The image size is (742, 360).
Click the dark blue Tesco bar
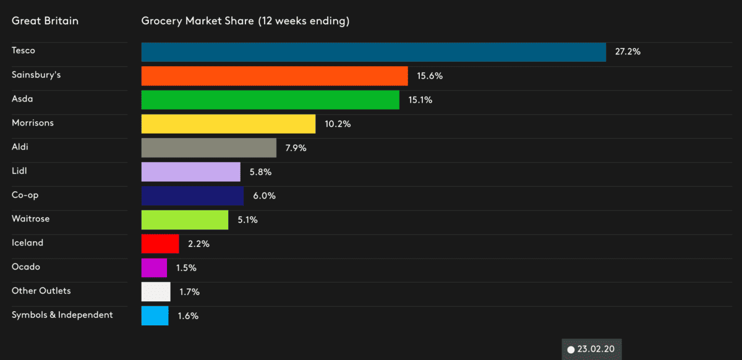(373, 52)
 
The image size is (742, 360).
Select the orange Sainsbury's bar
(275, 76)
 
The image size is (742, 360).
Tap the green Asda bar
(270, 100)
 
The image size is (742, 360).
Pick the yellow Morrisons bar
(228, 124)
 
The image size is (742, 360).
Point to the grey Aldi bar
(208, 148)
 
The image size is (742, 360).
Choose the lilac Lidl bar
(190, 172)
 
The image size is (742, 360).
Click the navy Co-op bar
(192, 196)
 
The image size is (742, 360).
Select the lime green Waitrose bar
(185, 220)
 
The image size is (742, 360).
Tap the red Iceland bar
(160, 244)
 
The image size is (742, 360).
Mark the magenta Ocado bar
(154, 268)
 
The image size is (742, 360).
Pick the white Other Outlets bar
(156, 291)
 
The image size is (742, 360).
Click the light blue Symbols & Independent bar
(155, 315)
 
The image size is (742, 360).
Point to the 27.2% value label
(628, 52)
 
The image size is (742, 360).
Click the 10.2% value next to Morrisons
(338, 124)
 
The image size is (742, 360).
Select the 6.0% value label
(264, 196)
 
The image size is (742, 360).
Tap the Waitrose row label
(31, 219)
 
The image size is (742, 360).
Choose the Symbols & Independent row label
(62, 315)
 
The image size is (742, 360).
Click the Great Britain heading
(45, 21)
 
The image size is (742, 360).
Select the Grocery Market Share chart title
(245, 21)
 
